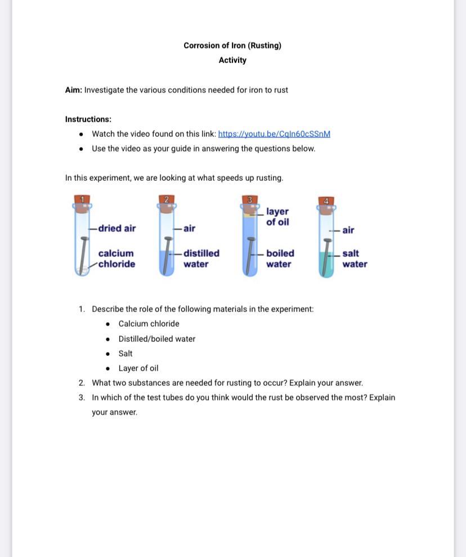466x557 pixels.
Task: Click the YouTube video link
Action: [x=274, y=134]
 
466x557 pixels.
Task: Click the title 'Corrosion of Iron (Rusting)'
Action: [x=232, y=46]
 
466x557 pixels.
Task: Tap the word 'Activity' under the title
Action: [x=232, y=60]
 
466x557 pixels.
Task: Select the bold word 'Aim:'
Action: [x=74, y=90]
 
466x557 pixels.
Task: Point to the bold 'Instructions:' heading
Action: [x=88, y=119]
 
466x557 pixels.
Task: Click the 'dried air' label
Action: [x=117, y=229]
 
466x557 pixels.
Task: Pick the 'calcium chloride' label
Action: [x=116, y=259]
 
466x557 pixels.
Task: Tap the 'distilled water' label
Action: [x=201, y=259]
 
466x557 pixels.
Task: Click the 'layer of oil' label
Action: [x=277, y=217]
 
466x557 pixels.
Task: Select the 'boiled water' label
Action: [x=280, y=259]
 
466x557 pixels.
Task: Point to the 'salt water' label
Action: [x=355, y=259]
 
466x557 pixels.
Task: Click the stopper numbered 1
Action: [x=82, y=201]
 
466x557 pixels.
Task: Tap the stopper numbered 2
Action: [x=166, y=201]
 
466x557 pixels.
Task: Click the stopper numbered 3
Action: [x=250, y=201]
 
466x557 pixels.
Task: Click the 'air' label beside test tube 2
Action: [x=189, y=229]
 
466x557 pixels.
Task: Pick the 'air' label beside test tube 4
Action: [x=348, y=230]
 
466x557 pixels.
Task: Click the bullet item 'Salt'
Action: [x=126, y=354]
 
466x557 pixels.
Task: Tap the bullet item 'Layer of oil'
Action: [x=138, y=368]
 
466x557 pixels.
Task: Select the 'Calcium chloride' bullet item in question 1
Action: [x=149, y=324]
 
